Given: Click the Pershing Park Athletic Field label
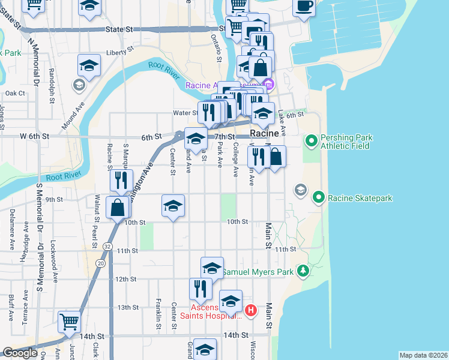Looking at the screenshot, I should (x=347, y=142).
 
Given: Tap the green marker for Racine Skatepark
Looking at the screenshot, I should (x=319, y=197).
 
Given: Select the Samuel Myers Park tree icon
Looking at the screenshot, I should (x=304, y=272).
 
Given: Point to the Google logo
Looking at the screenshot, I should (x=20, y=353).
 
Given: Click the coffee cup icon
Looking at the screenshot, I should (x=304, y=7).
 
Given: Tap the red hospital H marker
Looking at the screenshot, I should (x=251, y=310).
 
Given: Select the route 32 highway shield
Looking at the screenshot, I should (x=107, y=246).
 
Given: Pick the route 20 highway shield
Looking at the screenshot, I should (x=100, y=263).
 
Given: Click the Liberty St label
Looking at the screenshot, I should (x=118, y=53).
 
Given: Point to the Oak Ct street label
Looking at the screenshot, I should (x=15, y=93).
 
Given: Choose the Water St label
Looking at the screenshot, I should (x=185, y=112).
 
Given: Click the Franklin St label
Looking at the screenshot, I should (x=158, y=311).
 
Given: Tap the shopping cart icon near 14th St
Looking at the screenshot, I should (x=70, y=322).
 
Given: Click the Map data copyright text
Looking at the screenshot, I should (x=423, y=355).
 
